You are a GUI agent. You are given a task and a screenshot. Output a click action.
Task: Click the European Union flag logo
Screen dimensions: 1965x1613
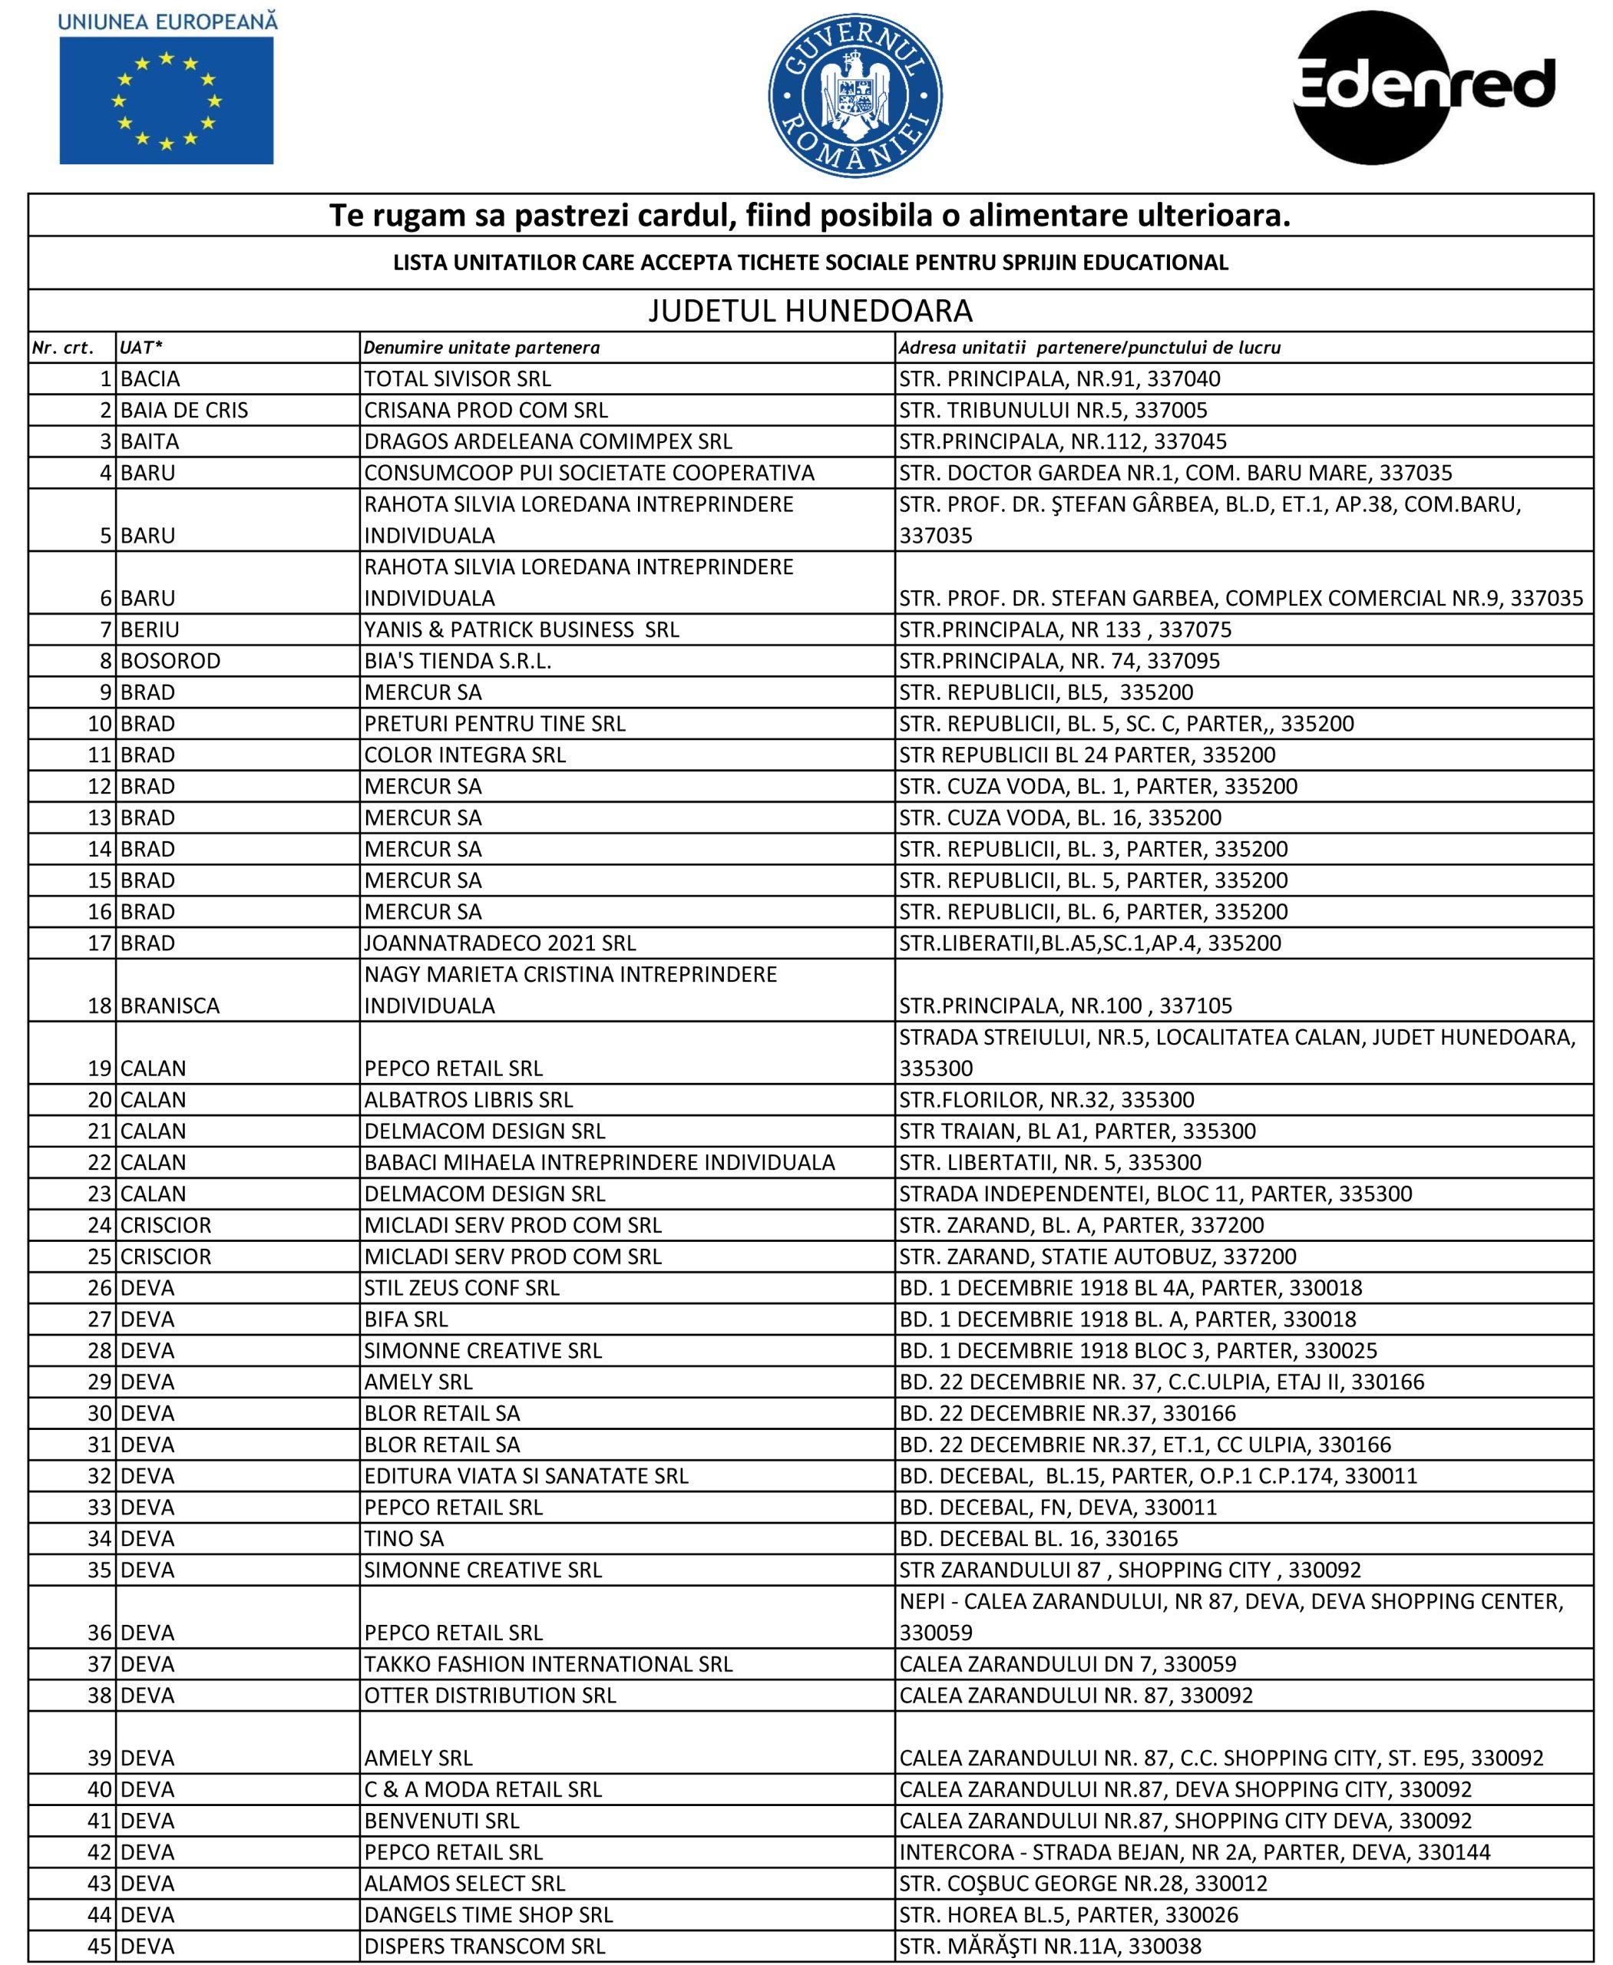[x=167, y=100]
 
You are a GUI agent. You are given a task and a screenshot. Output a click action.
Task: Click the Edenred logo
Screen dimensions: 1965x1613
[x=1423, y=88]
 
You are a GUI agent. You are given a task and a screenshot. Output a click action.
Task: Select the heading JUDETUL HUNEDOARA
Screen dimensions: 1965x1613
[x=810, y=310]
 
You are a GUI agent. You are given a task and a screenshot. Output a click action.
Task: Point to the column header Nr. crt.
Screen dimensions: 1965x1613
[x=63, y=348]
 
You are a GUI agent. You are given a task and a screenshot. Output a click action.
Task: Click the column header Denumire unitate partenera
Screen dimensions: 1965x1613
[x=481, y=348]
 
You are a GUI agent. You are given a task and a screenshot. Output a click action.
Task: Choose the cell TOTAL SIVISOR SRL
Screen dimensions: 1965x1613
[x=457, y=379]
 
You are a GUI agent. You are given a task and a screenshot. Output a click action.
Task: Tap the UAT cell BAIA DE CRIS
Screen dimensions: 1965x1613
[x=184, y=411]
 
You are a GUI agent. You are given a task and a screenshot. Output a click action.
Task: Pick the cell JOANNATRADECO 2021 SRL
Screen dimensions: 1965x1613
[x=500, y=943]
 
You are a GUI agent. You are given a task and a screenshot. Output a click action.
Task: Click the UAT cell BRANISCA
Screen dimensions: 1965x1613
[x=170, y=1006]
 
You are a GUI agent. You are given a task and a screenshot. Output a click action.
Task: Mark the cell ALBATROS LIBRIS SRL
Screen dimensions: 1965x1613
[x=468, y=1099]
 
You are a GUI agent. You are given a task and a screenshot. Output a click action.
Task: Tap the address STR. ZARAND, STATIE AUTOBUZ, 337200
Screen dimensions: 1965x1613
[x=1097, y=1256]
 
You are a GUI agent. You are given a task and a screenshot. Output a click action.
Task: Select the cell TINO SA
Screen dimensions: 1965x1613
[x=404, y=1538]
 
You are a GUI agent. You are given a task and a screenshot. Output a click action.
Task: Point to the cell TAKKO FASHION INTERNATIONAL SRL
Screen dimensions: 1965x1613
[x=548, y=1664]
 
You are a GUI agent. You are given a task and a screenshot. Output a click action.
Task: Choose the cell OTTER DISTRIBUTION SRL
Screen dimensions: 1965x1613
[x=490, y=1696]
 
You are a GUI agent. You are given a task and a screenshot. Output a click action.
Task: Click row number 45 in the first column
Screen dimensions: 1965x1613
[x=98, y=1947]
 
